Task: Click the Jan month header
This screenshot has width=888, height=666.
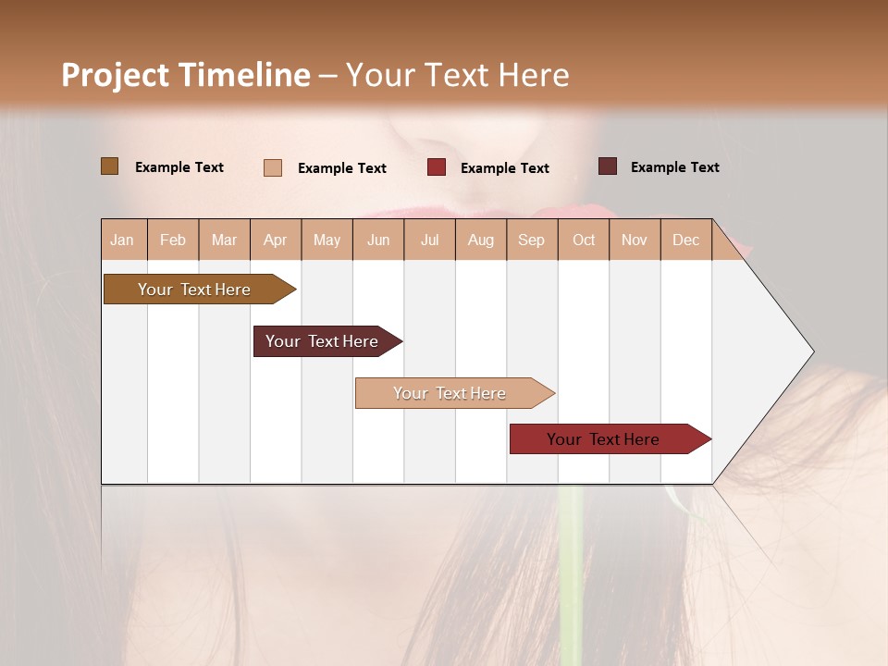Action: click(122, 240)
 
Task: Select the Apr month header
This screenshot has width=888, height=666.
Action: click(275, 240)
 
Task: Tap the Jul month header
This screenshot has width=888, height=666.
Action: click(429, 240)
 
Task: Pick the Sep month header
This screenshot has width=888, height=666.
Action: click(531, 240)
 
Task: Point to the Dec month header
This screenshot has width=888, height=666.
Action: click(685, 240)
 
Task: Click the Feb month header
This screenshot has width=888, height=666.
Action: click(173, 240)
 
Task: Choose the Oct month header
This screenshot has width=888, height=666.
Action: click(584, 240)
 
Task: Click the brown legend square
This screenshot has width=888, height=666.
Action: click(110, 166)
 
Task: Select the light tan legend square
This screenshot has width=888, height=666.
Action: click(273, 167)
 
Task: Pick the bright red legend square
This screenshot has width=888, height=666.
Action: click(437, 167)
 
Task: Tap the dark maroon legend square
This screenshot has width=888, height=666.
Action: click(608, 166)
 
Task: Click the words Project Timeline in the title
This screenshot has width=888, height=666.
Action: click(185, 75)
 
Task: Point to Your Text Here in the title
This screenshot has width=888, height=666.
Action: click(457, 75)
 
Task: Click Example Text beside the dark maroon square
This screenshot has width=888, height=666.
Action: click(674, 167)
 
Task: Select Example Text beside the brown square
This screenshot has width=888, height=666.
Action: click(179, 167)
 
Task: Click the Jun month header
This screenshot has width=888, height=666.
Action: click(378, 240)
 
